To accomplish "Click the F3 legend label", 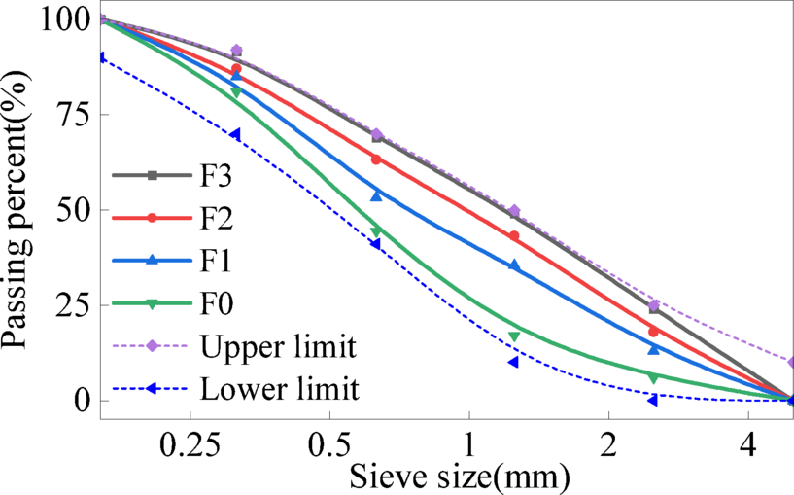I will coord(223,176).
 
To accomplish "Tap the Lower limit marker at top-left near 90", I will coord(101,57).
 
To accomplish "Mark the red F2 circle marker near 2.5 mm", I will coord(653,332).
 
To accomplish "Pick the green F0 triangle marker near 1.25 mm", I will coord(514,336).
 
